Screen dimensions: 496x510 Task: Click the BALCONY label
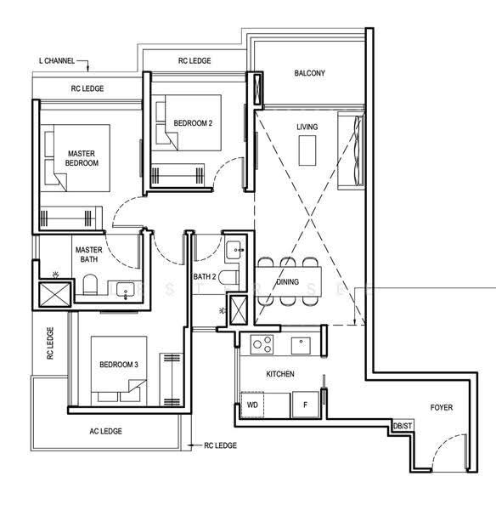pyautogui.click(x=309, y=73)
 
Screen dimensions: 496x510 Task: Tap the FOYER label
pyautogui.click(x=442, y=407)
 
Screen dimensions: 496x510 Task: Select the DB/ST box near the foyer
pyautogui.click(x=403, y=426)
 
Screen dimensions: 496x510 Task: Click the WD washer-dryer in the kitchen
pyautogui.click(x=252, y=405)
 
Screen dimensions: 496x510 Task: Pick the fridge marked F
pyautogui.click(x=305, y=405)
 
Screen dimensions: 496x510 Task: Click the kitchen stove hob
pyautogui.click(x=262, y=344)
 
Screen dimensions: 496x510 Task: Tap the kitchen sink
pyautogui.click(x=301, y=345)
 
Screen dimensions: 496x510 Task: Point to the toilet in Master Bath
pyautogui.click(x=90, y=284)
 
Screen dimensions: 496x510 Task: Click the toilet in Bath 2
pyautogui.click(x=228, y=278)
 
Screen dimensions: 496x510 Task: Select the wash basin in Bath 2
pyautogui.click(x=234, y=250)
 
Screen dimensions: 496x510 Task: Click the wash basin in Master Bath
pyautogui.click(x=125, y=289)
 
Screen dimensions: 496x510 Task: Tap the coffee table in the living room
pyautogui.click(x=307, y=150)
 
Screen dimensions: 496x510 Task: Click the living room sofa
pyautogui.click(x=351, y=150)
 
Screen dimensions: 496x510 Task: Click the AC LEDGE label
pyautogui.click(x=106, y=431)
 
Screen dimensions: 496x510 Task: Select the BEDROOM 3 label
pyautogui.click(x=119, y=365)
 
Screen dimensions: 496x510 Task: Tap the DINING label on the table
pyautogui.click(x=288, y=281)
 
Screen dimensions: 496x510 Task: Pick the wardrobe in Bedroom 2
pyautogui.click(x=178, y=175)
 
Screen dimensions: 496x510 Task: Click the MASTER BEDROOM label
pyautogui.click(x=82, y=158)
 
